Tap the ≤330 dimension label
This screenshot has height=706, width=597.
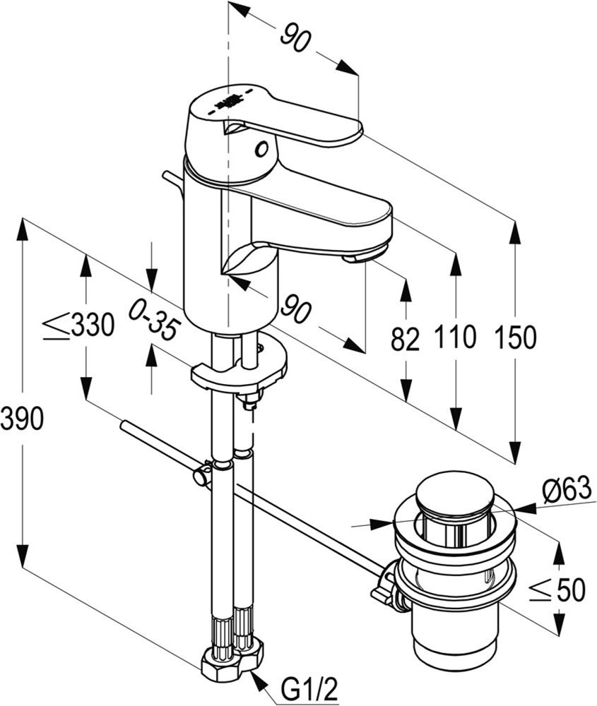coord(78,325)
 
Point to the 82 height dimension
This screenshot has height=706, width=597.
coord(405,339)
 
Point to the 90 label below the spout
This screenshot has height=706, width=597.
coord(295,309)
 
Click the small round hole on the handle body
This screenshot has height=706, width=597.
coord(263,149)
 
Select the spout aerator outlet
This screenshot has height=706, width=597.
coord(365,256)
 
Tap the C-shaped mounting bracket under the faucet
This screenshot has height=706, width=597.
coord(240,371)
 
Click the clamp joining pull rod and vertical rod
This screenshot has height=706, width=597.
coord(203,472)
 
